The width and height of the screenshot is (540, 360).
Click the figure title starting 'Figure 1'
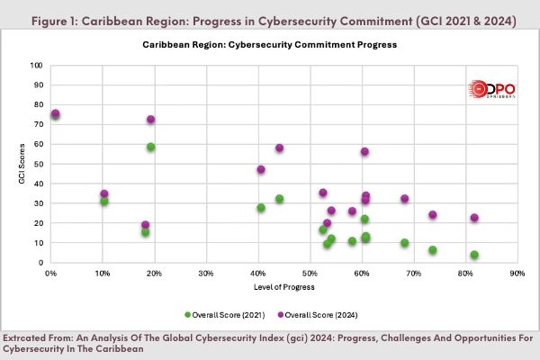pyautogui.click(x=269, y=21)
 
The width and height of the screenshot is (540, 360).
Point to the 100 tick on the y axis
pyautogui.click(x=38, y=66)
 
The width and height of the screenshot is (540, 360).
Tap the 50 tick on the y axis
pyautogui.click(x=40, y=164)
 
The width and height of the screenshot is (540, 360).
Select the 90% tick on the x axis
pyautogui.click(x=517, y=272)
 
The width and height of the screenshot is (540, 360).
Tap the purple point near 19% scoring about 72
pyautogui.click(x=151, y=120)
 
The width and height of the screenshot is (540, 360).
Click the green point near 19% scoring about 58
pyautogui.click(x=151, y=147)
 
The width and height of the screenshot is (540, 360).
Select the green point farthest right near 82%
pyautogui.click(x=474, y=255)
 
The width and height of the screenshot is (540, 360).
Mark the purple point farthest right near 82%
pyautogui.click(x=474, y=218)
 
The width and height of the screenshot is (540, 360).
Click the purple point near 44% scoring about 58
pyautogui.click(x=280, y=148)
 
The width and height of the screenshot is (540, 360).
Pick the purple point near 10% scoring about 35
pyautogui.click(x=104, y=193)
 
